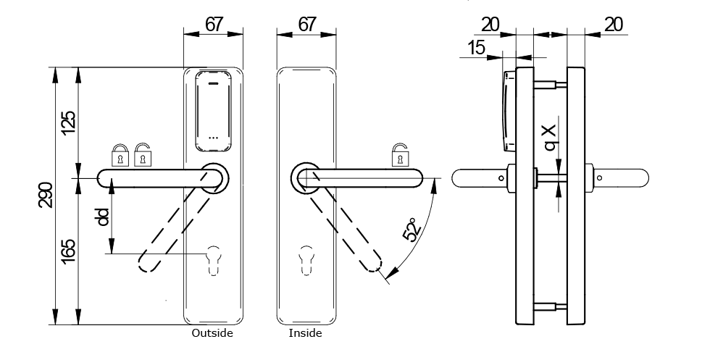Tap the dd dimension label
[x=103, y=217]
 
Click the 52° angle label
[x=411, y=233]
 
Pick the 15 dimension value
[x=475, y=49]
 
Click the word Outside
[x=212, y=334]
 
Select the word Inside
[x=305, y=334]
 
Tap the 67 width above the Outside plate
[x=213, y=24]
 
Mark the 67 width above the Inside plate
[x=307, y=24]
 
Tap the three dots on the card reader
[x=213, y=136]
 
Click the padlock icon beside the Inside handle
[x=400, y=154]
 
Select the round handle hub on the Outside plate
[x=214, y=177]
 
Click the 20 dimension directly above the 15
[x=490, y=24]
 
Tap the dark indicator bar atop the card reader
[x=213, y=83]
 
